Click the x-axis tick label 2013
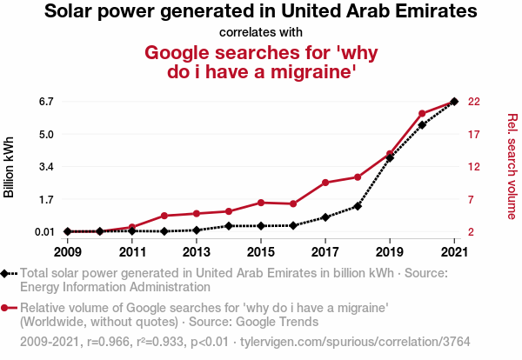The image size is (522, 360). point(196,252)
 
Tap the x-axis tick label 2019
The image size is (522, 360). point(389,252)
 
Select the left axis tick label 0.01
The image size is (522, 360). point(43,231)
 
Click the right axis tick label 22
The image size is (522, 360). point(474,102)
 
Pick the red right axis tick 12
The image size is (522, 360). point(474,167)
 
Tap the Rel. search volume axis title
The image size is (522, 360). point(512,166)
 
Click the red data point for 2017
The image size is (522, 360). point(325,183)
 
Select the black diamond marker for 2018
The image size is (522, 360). point(357,206)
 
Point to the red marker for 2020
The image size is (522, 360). point(421,114)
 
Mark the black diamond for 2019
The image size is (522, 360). point(389,157)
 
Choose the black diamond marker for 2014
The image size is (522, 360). point(228,226)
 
